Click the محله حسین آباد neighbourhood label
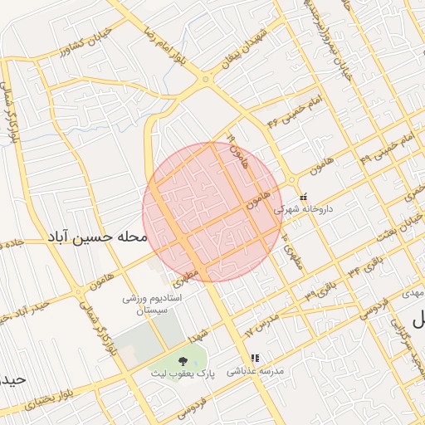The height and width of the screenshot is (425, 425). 97,237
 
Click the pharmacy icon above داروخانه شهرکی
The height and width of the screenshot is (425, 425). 303,197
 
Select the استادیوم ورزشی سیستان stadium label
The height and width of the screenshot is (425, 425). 152,302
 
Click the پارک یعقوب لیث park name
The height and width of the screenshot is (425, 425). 183,374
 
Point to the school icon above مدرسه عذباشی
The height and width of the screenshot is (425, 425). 255,359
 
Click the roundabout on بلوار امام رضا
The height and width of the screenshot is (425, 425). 205,79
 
